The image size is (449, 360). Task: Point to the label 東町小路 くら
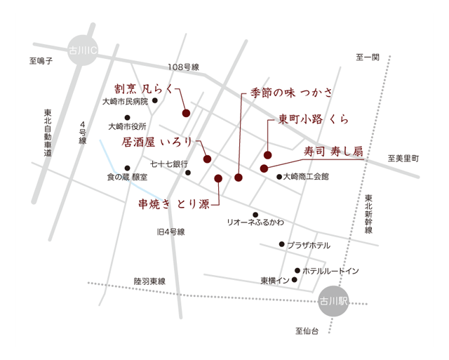(314, 119)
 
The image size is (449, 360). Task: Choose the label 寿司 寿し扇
(333, 151)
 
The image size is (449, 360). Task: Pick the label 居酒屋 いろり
(156, 142)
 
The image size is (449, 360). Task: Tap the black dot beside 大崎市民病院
(155, 101)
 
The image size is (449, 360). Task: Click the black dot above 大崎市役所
(127, 117)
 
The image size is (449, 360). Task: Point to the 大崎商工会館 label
(305, 177)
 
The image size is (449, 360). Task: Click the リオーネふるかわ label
(255, 222)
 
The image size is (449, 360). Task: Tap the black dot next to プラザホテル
(281, 244)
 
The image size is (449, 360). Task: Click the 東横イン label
(275, 281)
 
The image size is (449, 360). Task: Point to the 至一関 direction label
(368, 57)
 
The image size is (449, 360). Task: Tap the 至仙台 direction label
(307, 331)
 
